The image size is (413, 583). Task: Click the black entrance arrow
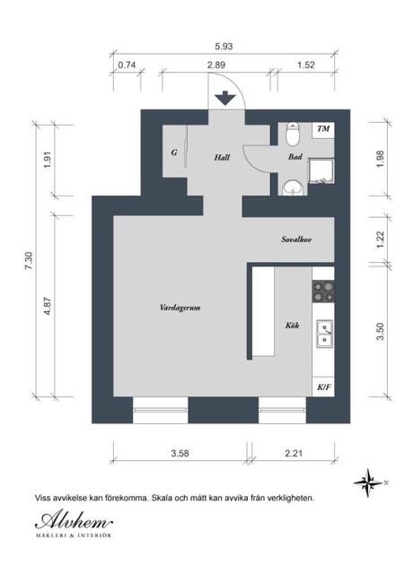[x=225, y=98]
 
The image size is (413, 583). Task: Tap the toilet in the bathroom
[x=294, y=134]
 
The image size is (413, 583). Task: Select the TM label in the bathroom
[x=323, y=128]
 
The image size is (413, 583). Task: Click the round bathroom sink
[x=294, y=187]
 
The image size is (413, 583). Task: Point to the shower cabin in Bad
[x=321, y=171]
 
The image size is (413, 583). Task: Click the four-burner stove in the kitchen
[x=323, y=291]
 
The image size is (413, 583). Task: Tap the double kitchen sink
[x=325, y=334]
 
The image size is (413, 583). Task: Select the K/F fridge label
[x=324, y=387]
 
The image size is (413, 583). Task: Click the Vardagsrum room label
[x=180, y=308]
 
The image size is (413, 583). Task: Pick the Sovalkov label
[x=296, y=239]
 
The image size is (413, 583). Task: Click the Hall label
[x=222, y=157]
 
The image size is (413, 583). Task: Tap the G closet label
[x=174, y=152]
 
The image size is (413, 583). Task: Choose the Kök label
[x=292, y=326]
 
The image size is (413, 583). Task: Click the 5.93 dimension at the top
[x=224, y=47]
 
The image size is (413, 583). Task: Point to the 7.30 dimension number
[x=29, y=261]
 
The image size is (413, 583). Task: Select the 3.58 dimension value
[x=180, y=453]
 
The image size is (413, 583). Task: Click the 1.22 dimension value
[x=380, y=239]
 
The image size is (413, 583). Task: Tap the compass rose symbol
[x=368, y=483]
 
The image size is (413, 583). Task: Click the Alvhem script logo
[x=74, y=521]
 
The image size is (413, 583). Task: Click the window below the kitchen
[x=283, y=410]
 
